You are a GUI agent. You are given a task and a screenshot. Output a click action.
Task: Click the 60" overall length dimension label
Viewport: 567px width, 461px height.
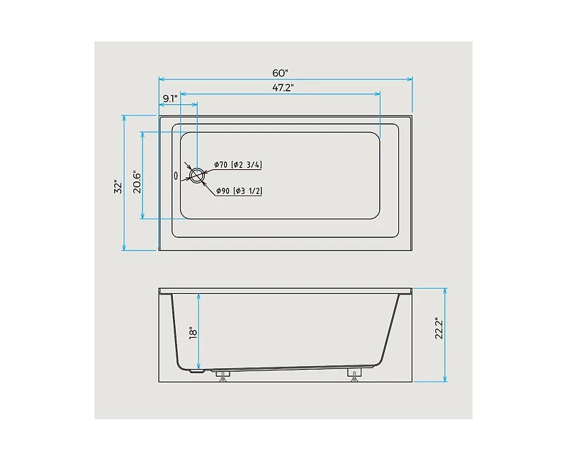pos(281,73)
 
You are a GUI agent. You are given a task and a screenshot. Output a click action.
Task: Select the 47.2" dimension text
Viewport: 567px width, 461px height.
pos(281,87)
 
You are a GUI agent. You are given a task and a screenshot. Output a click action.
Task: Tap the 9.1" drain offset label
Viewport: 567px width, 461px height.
pos(169,98)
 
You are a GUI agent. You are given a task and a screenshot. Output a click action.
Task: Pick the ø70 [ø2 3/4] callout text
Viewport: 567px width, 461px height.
pos(238,165)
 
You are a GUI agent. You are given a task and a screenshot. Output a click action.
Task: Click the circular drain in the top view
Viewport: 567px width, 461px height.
pos(196,175)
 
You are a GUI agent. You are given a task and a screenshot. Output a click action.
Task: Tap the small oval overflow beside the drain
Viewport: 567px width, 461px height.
pos(176,175)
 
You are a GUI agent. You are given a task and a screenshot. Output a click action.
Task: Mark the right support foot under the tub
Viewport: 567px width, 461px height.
pos(354,374)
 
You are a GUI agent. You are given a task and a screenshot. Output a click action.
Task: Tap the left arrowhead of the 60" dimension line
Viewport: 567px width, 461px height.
pos(161,79)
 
